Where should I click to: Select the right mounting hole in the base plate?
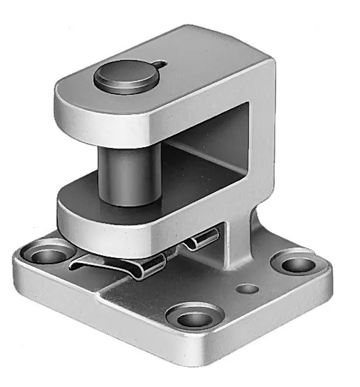296,264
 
